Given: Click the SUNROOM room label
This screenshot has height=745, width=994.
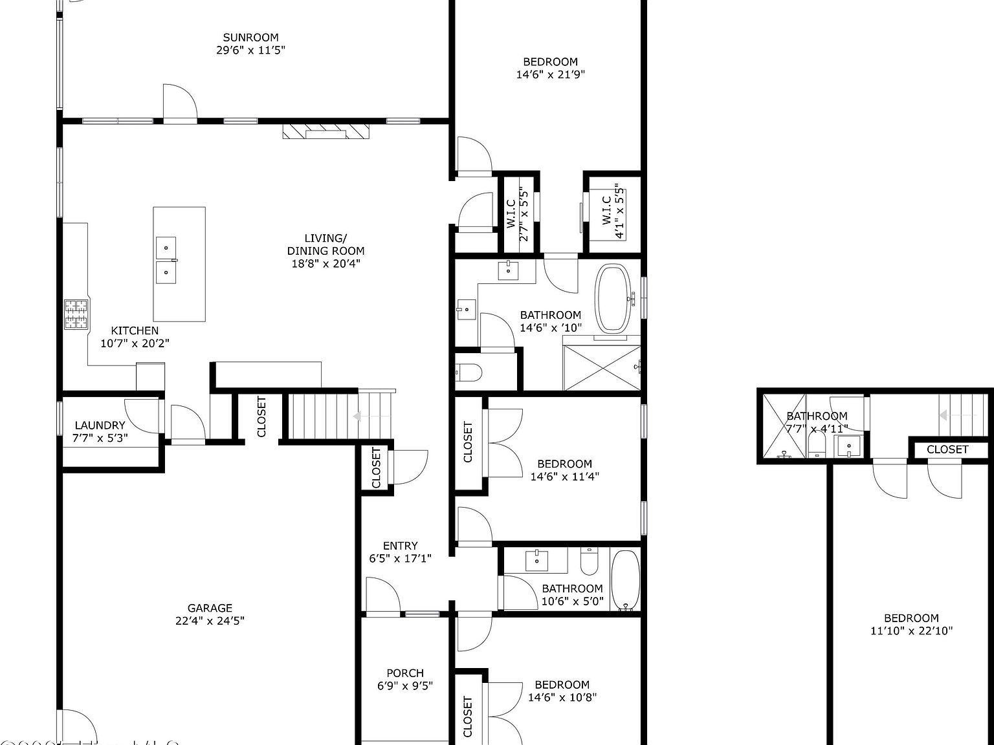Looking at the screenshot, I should coord(250,38).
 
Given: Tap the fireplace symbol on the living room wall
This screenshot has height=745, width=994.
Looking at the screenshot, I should coord(326,132).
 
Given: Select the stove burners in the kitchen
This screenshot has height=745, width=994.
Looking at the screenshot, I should coord(76,314).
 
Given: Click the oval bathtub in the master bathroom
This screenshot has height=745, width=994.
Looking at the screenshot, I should coord(613,298).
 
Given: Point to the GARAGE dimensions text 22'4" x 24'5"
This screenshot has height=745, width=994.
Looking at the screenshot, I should coord(210,621).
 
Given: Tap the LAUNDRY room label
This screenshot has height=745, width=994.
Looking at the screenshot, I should coord(100,426).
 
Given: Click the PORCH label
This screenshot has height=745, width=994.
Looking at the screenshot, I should coord(405,673).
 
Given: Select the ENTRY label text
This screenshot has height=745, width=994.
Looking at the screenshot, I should coord(400,546).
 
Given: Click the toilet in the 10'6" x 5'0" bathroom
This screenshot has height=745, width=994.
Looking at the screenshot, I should coord(589,561).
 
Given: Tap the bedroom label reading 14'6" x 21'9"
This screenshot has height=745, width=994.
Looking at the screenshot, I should coord(550,68).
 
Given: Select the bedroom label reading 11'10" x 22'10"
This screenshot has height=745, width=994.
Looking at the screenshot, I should coord(911,624).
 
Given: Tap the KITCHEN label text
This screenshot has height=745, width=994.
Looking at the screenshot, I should coord(135,330).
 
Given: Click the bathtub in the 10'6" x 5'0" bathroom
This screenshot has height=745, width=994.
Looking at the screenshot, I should coord(625,579).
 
